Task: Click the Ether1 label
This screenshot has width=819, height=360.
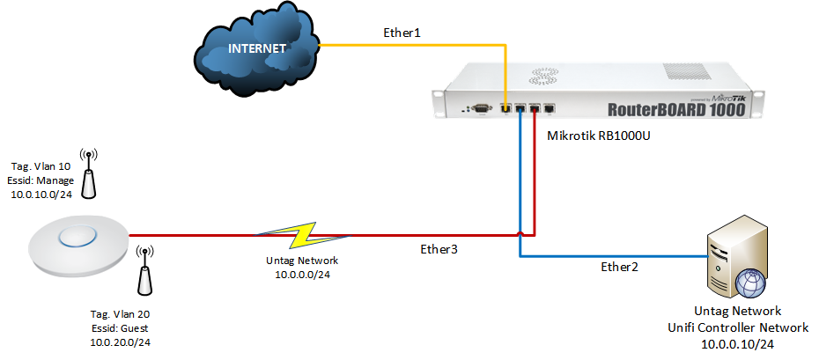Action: click(402, 33)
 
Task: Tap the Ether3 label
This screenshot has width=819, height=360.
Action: click(439, 249)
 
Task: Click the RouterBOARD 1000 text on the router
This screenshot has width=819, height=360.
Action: click(676, 110)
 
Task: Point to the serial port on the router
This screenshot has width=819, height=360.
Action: click(481, 109)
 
